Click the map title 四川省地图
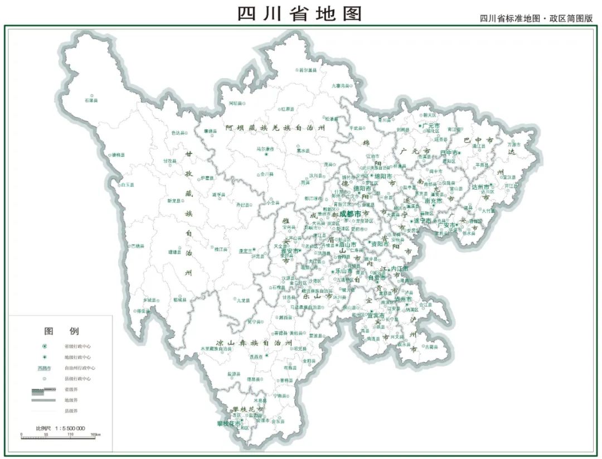[300, 13]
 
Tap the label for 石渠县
[91, 100]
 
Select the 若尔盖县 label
[307, 70]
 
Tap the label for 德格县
[119, 154]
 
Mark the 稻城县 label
[179, 299]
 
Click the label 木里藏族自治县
[216, 349]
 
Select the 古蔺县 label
[431, 347]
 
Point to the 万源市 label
[515, 144]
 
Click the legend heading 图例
[61, 331]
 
